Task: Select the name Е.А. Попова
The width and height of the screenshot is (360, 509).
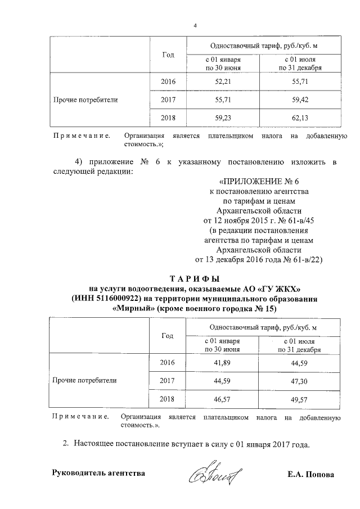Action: [310, 474]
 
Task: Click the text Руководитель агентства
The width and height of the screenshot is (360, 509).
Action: [98, 473]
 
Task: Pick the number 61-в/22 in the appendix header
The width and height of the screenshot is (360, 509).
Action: [306, 260]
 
